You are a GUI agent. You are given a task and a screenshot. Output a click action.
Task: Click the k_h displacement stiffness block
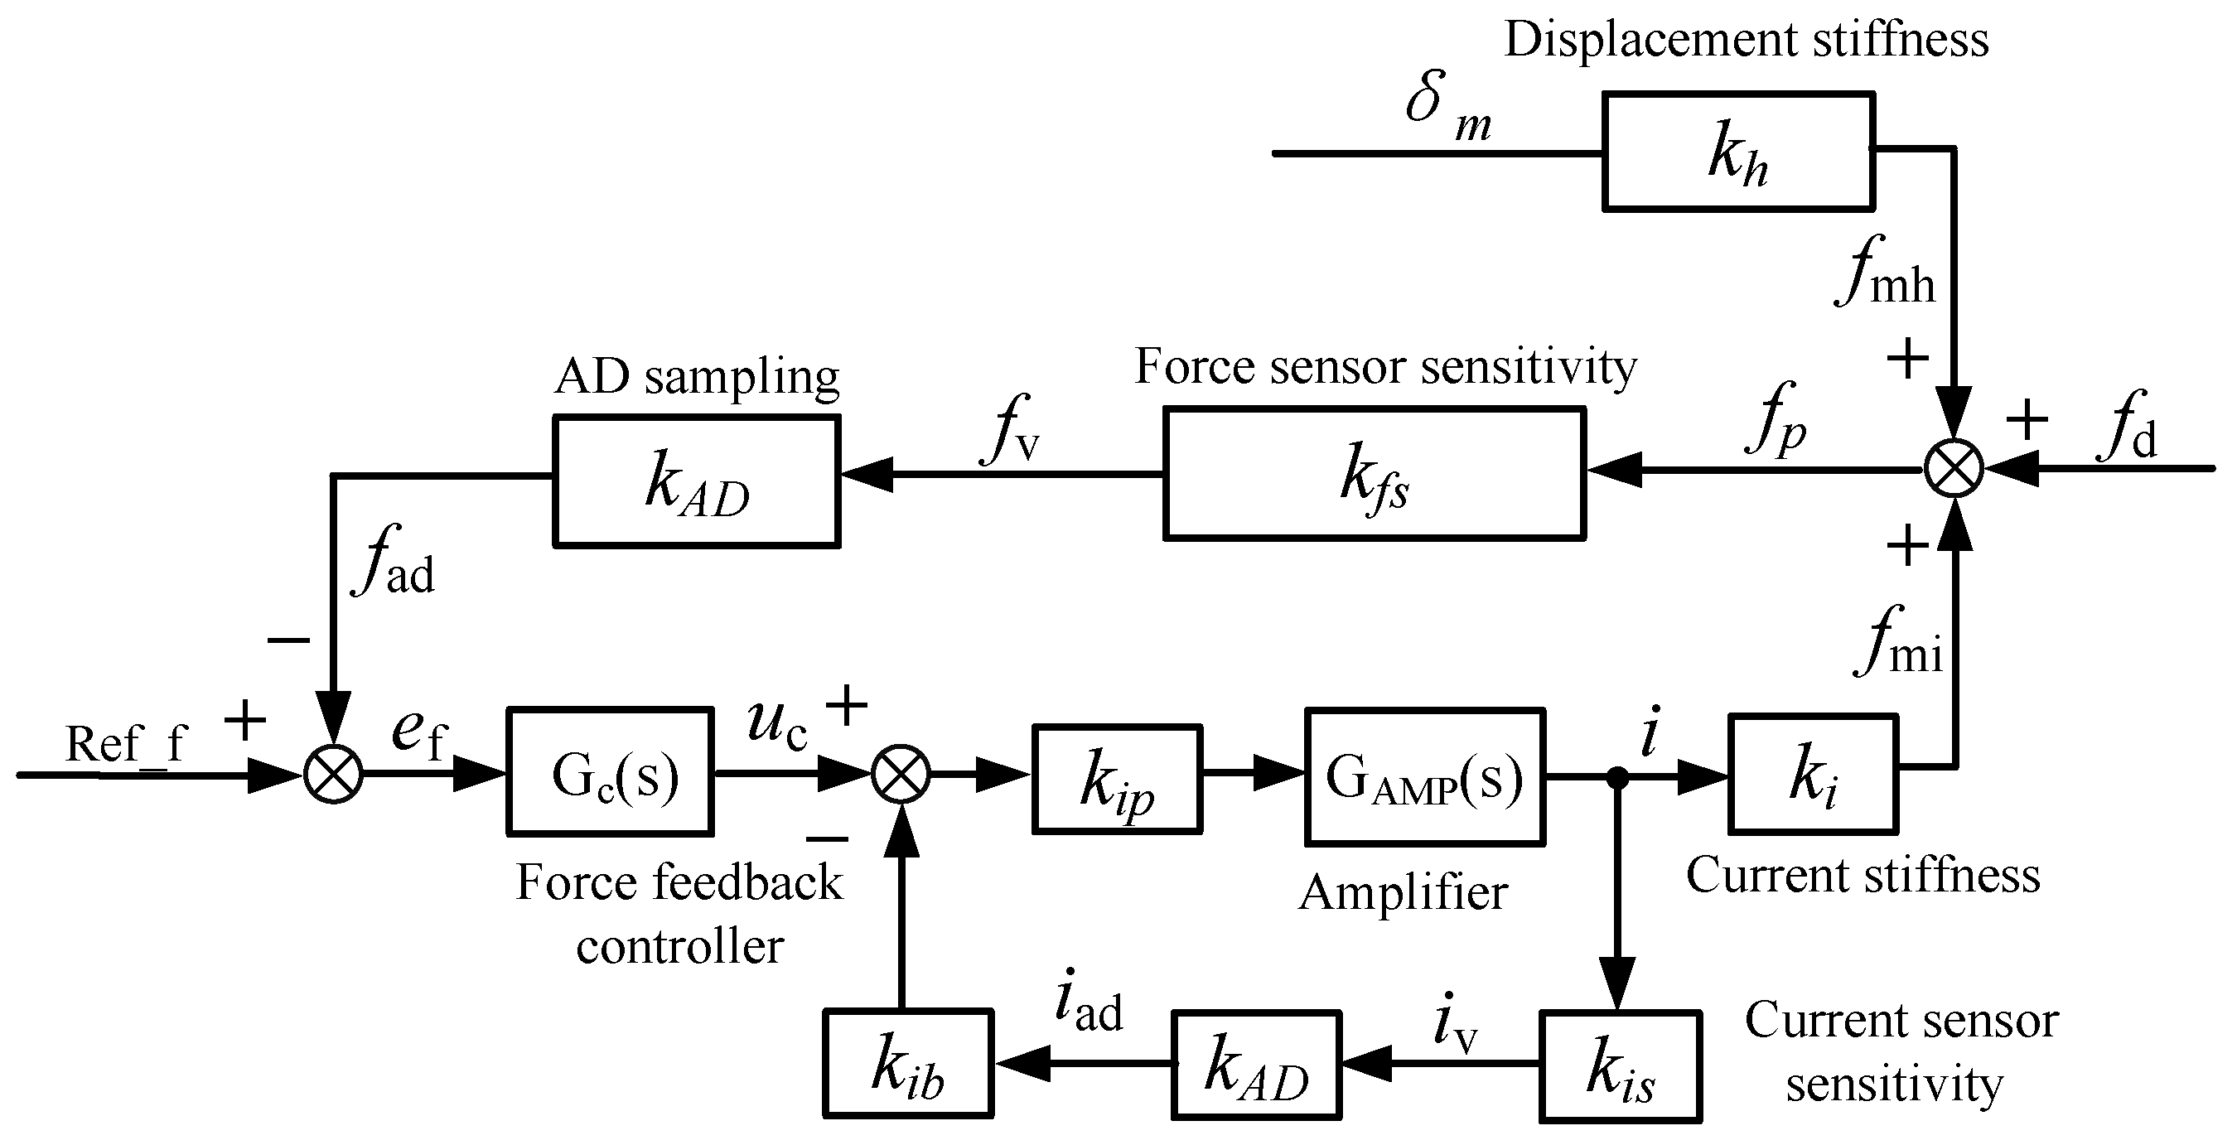click(x=1737, y=152)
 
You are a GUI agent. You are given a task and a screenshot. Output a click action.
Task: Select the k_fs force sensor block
click(x=1374, y=474)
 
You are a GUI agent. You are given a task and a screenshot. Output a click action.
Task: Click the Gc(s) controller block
click(x=611, y=771)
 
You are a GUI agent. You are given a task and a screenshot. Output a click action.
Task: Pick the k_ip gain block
click(x=1117, y=779)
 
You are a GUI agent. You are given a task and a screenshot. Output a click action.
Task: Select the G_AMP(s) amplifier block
click(x=1424, y=776)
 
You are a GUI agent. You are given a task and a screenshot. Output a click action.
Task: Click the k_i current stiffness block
click(x=1812, y=774)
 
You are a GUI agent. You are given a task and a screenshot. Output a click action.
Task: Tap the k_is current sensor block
click(x=1620, y=1066)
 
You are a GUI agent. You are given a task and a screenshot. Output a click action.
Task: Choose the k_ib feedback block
click(x=907, y=1064)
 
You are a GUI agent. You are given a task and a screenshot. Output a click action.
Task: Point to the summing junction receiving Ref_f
click(x=333, y=774)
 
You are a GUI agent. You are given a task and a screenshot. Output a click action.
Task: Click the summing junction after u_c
click(x=901, y=774)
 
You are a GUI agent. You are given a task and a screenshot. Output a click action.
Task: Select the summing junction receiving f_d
click(x=1953, y=469)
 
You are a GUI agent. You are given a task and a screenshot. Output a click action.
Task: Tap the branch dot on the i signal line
click(x=1617, y=777)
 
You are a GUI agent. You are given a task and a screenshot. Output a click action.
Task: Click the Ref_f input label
click(x=126, y=744)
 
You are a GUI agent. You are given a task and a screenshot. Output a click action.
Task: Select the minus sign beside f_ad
click(x=288, y=640)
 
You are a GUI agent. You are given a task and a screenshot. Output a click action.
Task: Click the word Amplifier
click(x=1403, y=892)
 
